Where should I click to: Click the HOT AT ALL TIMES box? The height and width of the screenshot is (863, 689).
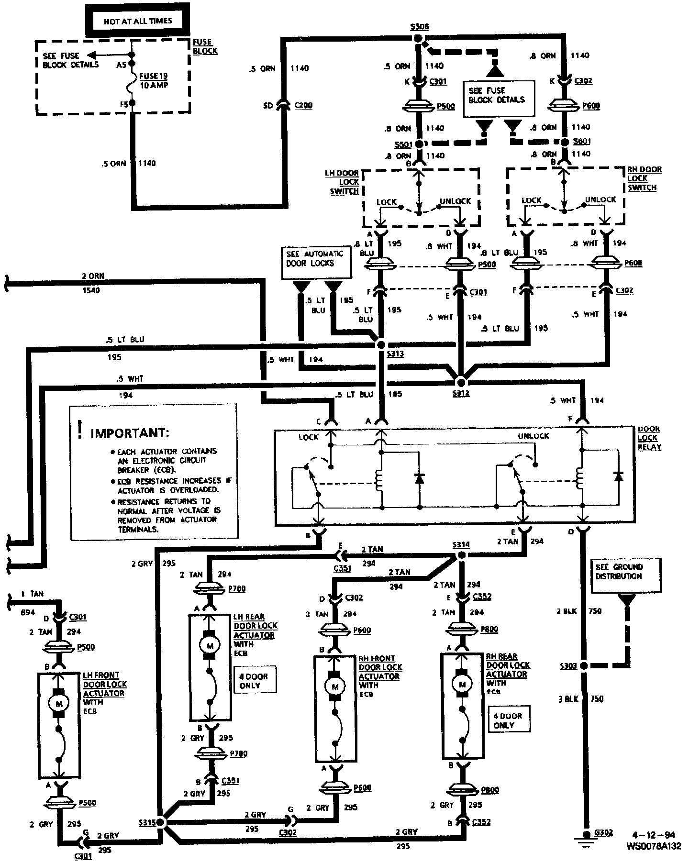pos(138,22)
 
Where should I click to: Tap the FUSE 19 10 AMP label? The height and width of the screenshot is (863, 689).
pos(153,81)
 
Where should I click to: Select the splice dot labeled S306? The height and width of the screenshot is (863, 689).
pos(418,39)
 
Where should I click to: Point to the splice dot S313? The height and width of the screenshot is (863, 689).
pos(381,344)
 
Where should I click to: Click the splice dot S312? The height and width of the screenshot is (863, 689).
pos(461,382)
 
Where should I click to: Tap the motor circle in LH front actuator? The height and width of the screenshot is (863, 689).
pos(59,703)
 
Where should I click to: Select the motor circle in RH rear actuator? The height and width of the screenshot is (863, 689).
pos(462,685)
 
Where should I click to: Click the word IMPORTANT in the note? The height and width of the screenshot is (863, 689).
pos(130,433)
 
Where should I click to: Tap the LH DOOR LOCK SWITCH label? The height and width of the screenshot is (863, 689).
pos(343,182)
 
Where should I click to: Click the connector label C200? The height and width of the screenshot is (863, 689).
pos(303,105)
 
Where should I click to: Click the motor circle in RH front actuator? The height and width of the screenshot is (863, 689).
pos(335,687)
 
